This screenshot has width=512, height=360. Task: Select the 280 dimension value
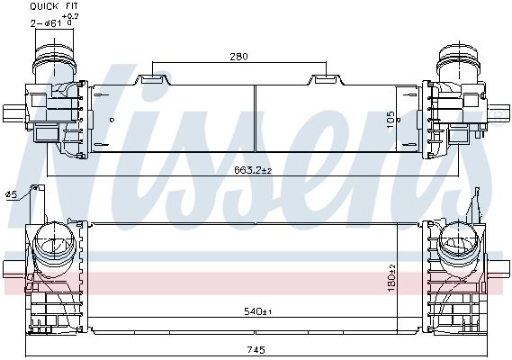pos(238,57)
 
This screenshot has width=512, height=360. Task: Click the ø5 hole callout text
pos(11,193)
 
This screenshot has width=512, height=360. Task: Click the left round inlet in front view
pos(57,246)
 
